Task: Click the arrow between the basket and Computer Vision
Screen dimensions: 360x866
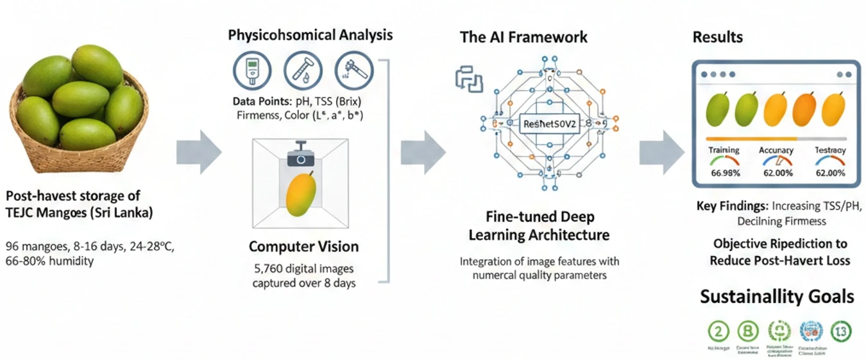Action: tap(198, 152)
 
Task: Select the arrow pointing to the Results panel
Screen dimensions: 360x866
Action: tap(661, 152)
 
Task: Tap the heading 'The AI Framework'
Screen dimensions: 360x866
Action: tap(523, 37)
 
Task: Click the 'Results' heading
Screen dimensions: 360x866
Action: tap(717, 37)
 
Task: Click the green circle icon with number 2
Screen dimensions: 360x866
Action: tap(719, 331)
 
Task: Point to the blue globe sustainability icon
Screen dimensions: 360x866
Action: tap(811, 331)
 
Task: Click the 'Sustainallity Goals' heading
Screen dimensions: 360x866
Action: tap(777, 297)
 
